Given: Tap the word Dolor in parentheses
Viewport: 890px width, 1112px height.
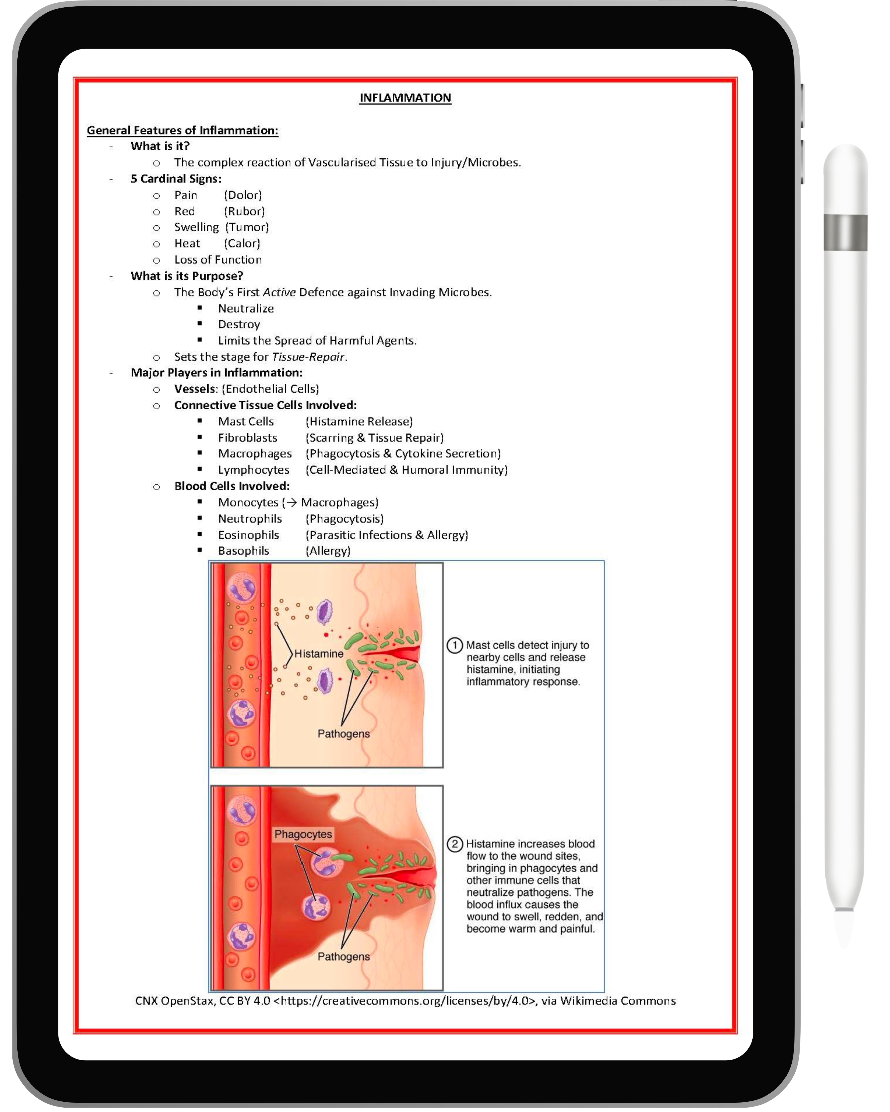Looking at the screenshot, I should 243,195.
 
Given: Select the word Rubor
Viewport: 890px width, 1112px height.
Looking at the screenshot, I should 244,211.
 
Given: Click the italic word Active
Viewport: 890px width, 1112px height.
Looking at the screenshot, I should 279,293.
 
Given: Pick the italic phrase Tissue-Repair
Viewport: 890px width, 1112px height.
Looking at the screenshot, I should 308,357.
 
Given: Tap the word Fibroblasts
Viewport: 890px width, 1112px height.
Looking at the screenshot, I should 248,438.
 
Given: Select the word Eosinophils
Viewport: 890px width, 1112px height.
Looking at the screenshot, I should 249,535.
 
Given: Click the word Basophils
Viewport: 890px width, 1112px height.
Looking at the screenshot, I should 243,551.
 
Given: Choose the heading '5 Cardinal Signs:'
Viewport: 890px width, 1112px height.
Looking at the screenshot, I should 176,179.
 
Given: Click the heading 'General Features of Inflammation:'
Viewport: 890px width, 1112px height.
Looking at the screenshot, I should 183,130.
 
